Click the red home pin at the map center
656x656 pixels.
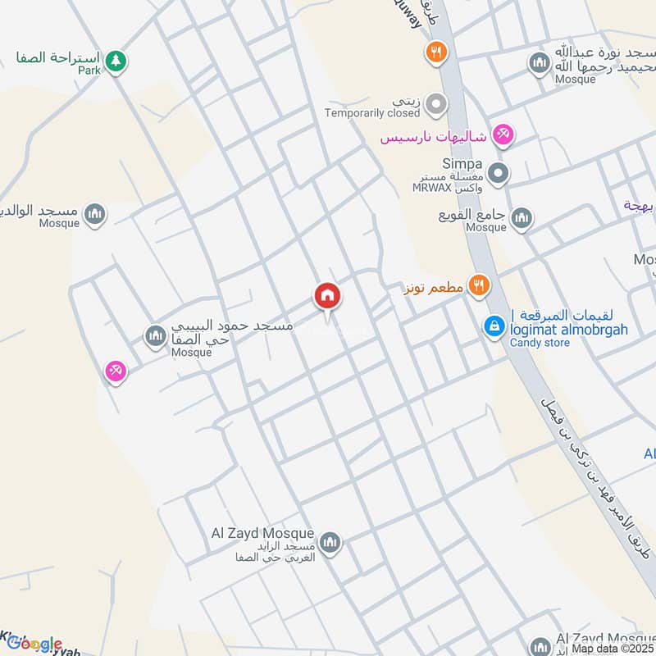[x=327, y=296]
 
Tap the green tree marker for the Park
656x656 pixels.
[x=116, y=60]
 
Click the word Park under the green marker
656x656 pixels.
[x=90, y=71]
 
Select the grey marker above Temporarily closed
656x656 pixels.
[x=437, y=104]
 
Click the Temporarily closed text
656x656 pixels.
[x=371, y=113]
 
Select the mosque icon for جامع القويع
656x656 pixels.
[x=522, y=219]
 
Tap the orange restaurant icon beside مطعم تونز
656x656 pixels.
[x=480, y=285]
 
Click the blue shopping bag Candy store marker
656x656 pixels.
[x=494, y=326]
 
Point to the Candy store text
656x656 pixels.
[x=539, y=342]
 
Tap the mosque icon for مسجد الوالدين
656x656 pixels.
[x=95, y=215]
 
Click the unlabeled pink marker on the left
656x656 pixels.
[x=116, y=371]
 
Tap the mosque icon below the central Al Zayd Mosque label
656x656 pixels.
[x=330, y=542]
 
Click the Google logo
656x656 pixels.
[x=34, y=644]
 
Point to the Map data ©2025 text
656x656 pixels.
[x=613, y=648]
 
